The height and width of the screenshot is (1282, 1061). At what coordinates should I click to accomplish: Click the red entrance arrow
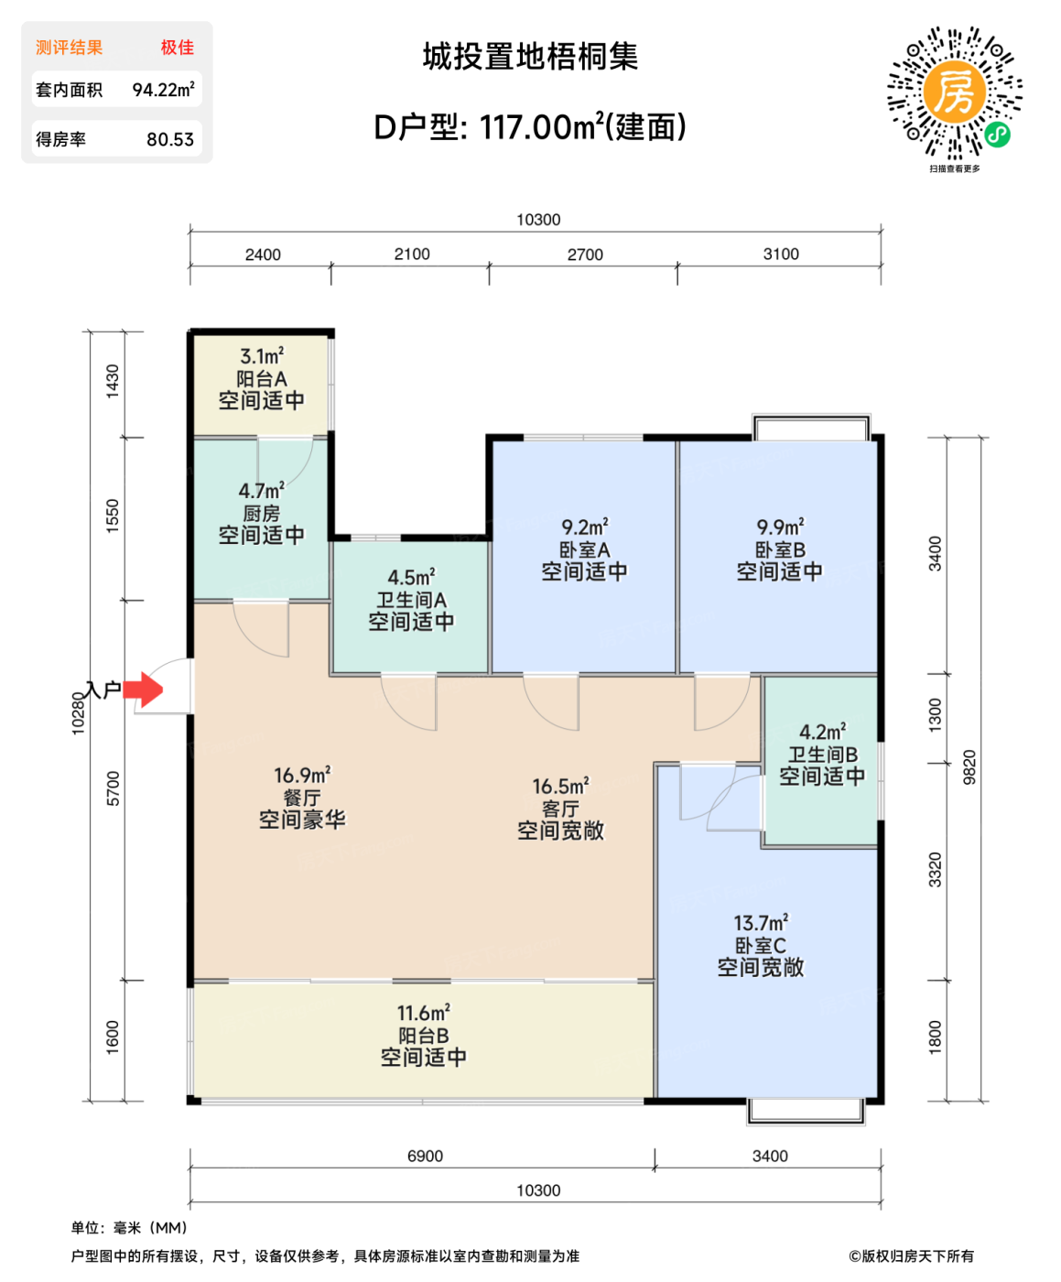pos(143,690)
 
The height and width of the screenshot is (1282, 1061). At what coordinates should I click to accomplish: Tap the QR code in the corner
pos(954,92)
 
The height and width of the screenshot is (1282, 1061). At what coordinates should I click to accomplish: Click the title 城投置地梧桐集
pos(530,57)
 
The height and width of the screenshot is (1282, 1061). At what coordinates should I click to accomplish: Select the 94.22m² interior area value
pos(163,90)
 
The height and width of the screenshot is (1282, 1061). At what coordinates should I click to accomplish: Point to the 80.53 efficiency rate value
pos(170,139)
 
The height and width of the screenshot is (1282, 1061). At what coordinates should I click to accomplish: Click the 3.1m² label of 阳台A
pos(262,356)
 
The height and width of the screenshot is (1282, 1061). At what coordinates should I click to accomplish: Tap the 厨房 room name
pos(262,514)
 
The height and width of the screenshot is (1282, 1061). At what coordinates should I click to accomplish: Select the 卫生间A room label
pos(411,600)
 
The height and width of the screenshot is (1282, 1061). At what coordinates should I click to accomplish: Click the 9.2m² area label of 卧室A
pos(584,527)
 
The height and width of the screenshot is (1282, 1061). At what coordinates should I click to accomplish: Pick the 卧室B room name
pos(779,549)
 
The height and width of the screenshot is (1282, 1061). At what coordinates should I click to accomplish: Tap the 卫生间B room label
pos(822,755)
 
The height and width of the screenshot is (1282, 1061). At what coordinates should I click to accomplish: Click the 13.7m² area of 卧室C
pos(760,923)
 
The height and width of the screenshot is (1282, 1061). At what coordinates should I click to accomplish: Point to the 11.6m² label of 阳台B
pos(423,1014)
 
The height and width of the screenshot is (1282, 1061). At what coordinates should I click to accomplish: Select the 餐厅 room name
pos(302,798)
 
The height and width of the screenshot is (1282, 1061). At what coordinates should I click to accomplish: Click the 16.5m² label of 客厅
pos(560,787)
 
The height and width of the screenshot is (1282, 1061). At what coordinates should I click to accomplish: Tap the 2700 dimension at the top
pos(585,255)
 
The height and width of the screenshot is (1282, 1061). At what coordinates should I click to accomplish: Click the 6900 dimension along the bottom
pos(425,1157)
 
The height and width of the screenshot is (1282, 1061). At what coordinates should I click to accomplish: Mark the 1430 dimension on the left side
pos(113,381)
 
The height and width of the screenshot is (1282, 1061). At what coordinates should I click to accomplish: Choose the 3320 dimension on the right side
pos(935,869)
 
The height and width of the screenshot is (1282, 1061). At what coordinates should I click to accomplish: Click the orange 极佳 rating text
pos(178,48)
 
